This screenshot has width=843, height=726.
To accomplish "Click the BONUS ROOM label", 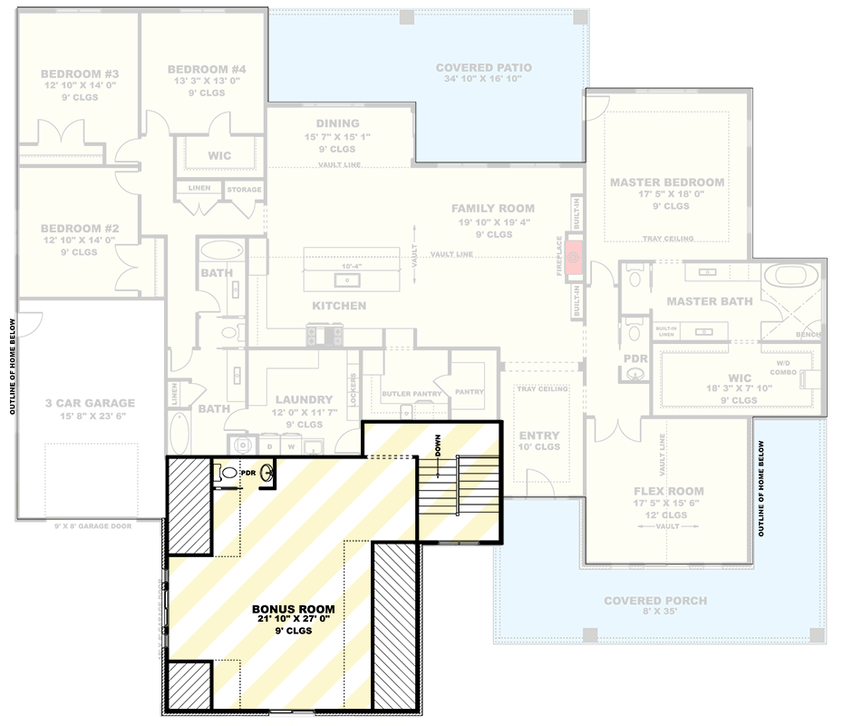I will [293, 609].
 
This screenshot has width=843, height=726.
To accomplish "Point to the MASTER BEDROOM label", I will [666, 182].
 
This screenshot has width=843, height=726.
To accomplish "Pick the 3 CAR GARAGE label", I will [90, 403].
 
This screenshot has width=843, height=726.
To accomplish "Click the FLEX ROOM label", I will [668, 491].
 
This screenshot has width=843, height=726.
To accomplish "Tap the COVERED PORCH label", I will [655, 601].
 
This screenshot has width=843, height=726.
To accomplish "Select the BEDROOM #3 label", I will [78, 74].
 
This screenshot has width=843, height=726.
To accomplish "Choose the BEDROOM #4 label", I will [206, 70].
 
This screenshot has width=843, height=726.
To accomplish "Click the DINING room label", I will [337, 123].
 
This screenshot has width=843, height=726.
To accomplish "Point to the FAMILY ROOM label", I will [493, 209].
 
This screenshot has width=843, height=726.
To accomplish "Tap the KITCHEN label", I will [339, 306].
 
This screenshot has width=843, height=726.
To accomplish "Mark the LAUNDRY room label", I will [304, 399].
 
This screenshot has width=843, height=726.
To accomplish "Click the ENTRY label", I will [539, 436].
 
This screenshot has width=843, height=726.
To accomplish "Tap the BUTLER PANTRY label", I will [412, 394].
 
